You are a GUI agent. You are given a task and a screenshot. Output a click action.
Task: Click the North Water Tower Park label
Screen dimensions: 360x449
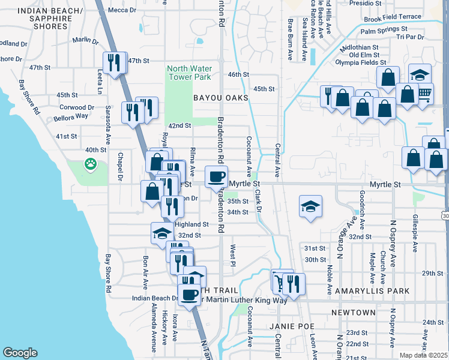[188, 73]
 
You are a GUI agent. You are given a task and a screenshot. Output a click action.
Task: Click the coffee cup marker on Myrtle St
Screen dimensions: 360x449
[217, 176]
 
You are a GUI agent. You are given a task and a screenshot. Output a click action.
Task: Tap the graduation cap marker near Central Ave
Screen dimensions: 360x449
[310, 206]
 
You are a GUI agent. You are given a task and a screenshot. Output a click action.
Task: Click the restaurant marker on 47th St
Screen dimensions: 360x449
[114, 62]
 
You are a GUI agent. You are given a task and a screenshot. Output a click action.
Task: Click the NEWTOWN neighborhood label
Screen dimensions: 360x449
[353, 313]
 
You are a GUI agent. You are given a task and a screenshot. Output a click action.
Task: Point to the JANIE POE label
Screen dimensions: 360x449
[282, 326]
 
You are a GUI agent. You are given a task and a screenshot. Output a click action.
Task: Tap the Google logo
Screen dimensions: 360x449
[20, 353]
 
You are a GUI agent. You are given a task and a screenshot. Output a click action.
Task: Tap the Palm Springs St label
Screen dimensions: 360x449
[384, 29]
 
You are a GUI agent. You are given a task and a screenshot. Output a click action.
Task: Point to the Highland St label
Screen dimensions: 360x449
[191, 224]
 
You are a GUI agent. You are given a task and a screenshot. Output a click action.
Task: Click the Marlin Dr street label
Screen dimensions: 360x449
[85, 41]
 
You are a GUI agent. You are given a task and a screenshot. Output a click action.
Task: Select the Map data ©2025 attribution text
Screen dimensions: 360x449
[423, 355]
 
